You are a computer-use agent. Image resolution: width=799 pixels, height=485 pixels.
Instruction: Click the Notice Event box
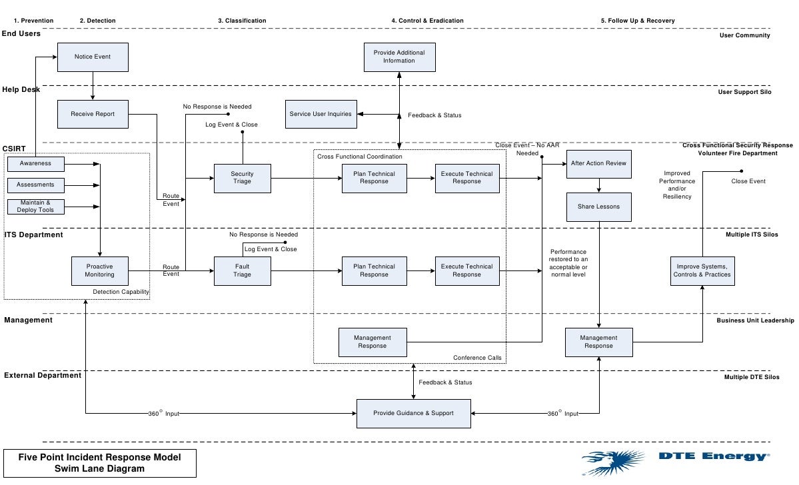tap(93, 57)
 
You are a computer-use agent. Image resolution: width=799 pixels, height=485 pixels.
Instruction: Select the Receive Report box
tap(93, 114)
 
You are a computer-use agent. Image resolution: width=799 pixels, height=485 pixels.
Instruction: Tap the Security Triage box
tap(242, 178)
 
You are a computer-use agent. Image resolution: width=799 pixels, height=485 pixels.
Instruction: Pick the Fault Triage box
tap(242, 270)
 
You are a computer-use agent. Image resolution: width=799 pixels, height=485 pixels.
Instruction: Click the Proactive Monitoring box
tap(100, 270)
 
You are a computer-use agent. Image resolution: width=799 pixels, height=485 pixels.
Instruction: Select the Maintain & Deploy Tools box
tap(36, 207)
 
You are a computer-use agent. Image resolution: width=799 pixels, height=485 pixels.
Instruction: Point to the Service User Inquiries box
tap(321, 114)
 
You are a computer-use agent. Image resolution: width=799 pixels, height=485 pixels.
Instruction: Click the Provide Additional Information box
tap(399, 57)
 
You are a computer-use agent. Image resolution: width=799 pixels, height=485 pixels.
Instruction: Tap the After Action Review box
tap(598, 163)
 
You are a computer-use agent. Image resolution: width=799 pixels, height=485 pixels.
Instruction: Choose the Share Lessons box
tap(598, 207)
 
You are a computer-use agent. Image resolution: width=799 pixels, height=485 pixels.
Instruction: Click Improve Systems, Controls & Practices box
tap(702, 270)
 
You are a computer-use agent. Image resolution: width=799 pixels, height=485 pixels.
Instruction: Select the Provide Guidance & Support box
tap(413, 413)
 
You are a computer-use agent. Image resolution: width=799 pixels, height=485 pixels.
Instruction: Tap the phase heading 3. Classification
tap(242, 21)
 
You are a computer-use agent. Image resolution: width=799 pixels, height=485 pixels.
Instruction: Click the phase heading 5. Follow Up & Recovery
tap(638, 21)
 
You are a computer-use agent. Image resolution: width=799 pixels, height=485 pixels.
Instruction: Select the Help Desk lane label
tap(21, 89)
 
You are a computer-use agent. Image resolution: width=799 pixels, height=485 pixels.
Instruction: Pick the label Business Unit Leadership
tap(755, 320)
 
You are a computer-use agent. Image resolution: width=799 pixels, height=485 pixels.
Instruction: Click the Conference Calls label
tap(477, 358)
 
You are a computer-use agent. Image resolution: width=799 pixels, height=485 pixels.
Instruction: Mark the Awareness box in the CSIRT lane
tap(36, 163)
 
